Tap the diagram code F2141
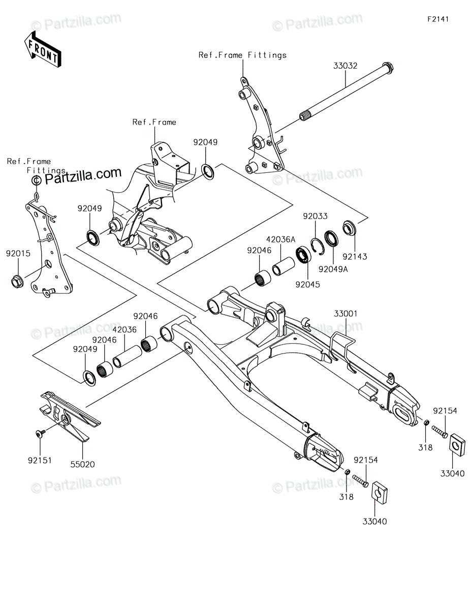point(438,19)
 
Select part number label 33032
point(345,66)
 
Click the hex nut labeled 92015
point(17,281)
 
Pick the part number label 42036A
point(281,239)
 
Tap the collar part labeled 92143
point(350,228)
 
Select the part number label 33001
point(345,314)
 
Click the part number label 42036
point(124,329)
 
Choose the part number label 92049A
point(333,269)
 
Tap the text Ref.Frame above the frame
point(154,122)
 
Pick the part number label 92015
point(18,254)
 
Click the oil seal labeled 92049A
point(331,238)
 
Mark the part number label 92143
point(355,257)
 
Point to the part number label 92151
point(40,461)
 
